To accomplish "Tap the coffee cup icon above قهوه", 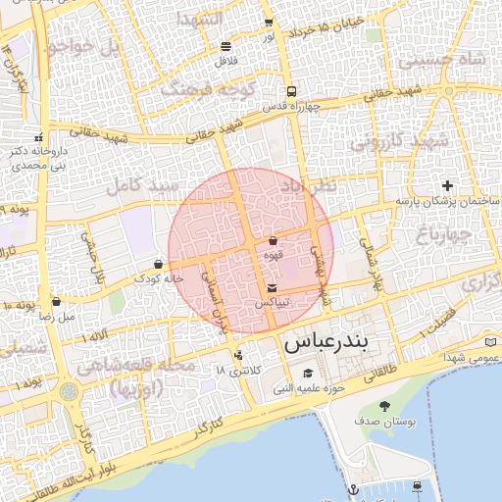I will (273, 240).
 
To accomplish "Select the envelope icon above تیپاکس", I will (272, 287).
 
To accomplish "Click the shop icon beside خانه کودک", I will (158, 264).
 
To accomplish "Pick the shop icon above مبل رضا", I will (56, 302).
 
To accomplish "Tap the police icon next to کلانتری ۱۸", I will (238, 355).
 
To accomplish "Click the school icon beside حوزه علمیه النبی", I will (308, 373).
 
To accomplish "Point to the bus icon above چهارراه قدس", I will (290, 92).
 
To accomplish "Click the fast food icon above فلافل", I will (226, 45).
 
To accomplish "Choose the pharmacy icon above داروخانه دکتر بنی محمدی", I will (39, 138).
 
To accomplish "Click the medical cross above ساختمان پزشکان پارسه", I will (448, 185).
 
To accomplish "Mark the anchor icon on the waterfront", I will (353, 488).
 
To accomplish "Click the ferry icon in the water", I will (419, 485).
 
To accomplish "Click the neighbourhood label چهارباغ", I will (443, 234).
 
